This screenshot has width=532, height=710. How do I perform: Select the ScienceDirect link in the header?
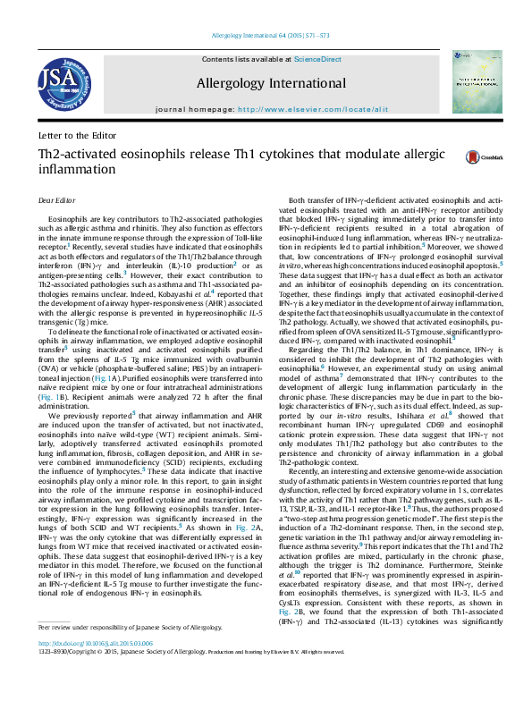tap(317, 59)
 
